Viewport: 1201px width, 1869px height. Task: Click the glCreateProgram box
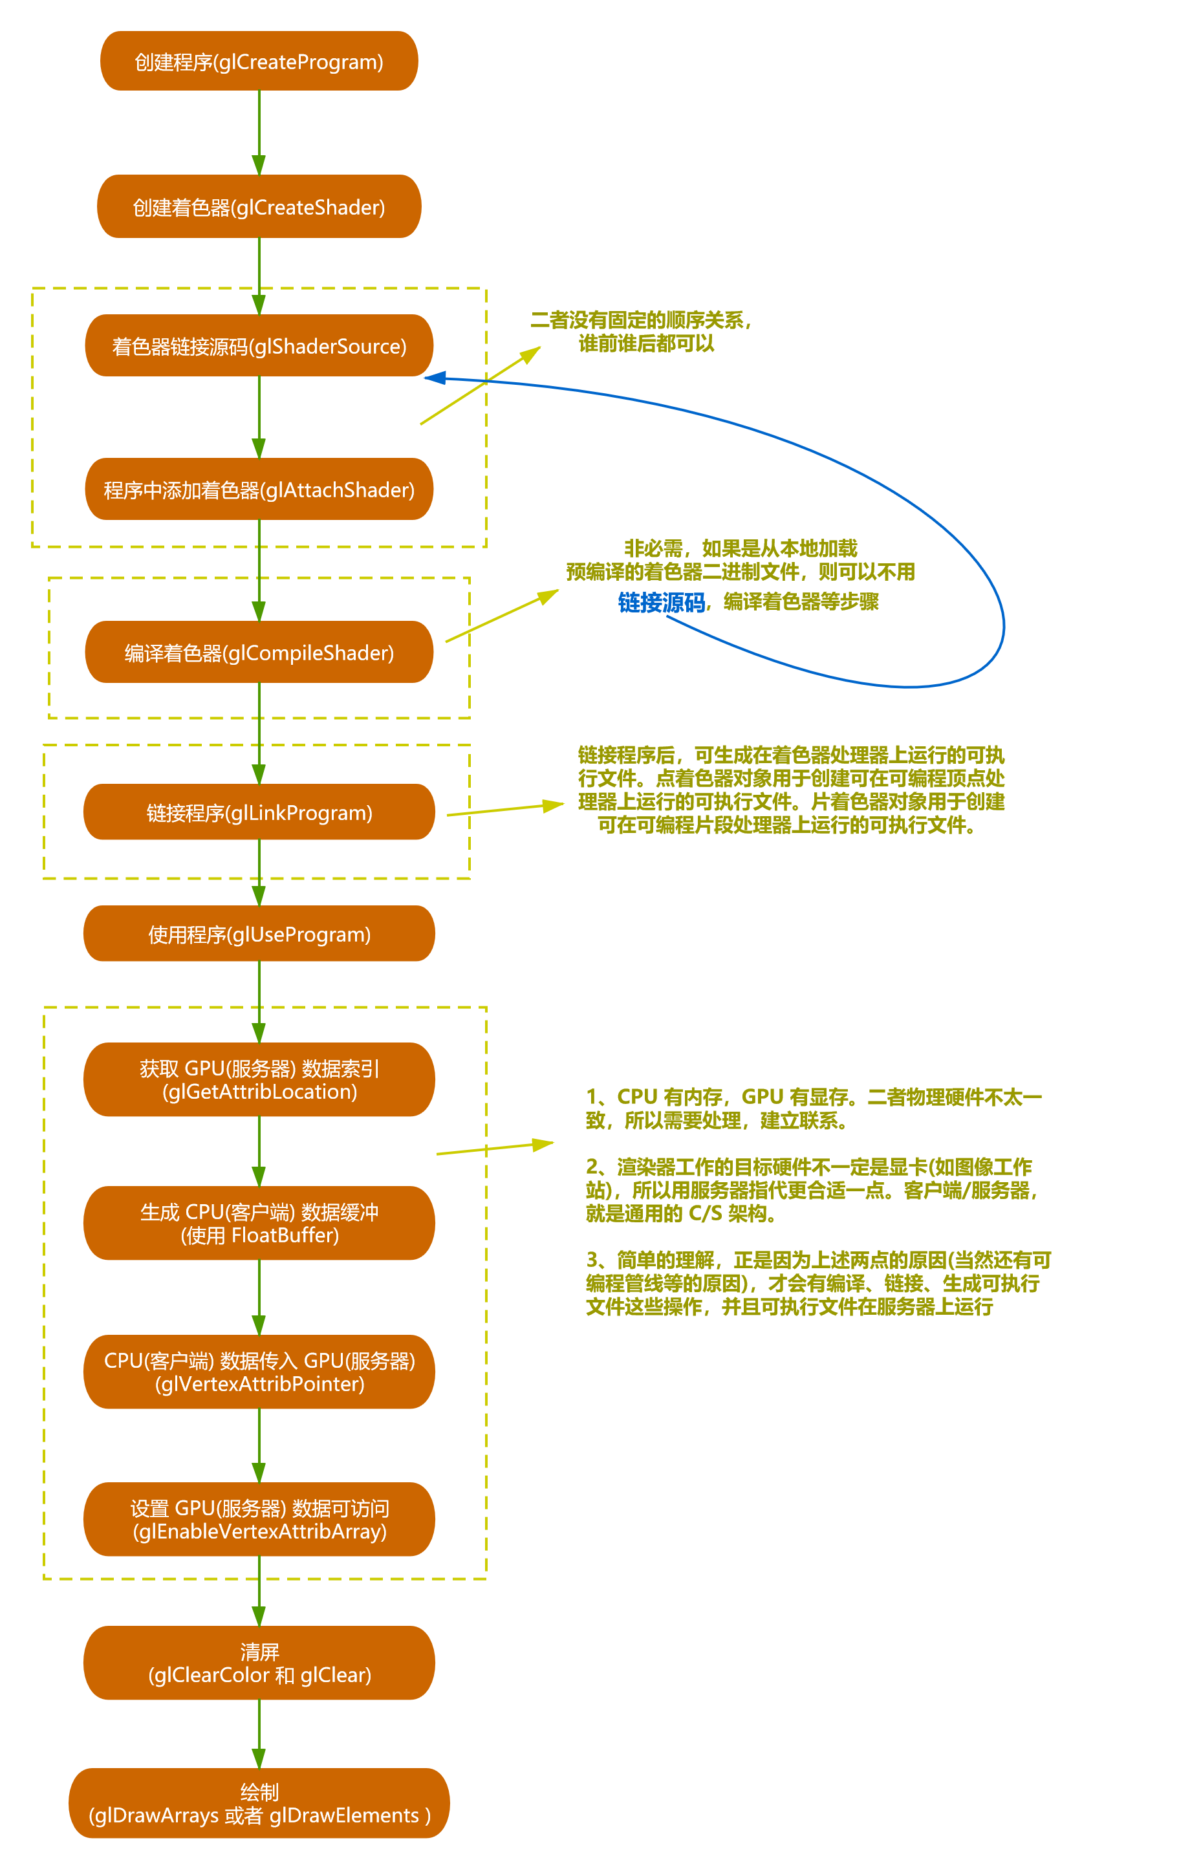pos(259,61)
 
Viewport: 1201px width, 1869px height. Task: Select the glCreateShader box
pos(259,207)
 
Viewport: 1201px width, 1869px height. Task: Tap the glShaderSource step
pos(259,346)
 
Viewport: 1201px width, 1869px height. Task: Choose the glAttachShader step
pos(259,490)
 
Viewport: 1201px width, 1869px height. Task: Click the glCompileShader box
pos(259,653)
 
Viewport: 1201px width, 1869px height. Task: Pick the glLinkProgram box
pos(259,812)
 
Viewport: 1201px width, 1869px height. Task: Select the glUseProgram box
pos(259,934)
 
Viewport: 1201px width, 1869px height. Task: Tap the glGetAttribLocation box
pos(259,1080)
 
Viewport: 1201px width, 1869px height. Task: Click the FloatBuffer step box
pos(259,1224)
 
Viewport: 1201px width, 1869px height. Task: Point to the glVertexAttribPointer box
pos(259,1372)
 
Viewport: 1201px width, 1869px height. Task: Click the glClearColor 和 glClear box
pos(259,1663)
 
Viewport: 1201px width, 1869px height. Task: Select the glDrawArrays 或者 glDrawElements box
pos(259,1804)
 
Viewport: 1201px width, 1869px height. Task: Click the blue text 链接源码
pos(662,602)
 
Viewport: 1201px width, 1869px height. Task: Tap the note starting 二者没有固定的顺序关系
pos(641,331)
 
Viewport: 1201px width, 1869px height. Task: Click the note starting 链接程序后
pos(790,790)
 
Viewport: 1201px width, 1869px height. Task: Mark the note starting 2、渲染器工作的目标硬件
pos(811,1190)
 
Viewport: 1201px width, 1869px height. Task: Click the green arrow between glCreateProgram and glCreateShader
pos(259,133)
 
